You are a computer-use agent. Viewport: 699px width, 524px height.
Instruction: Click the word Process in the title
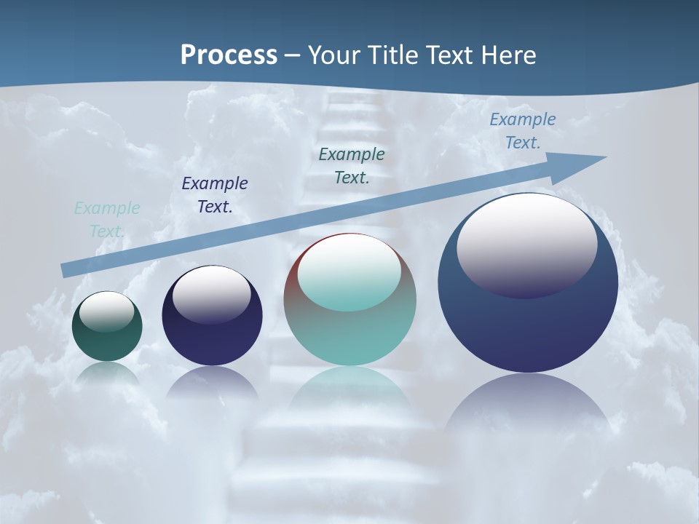(229, 55)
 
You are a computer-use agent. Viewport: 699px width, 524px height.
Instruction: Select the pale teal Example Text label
(106, 220)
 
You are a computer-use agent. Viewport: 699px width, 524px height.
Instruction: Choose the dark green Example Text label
(352, 166)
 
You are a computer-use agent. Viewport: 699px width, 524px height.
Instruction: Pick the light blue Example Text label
(522, 131)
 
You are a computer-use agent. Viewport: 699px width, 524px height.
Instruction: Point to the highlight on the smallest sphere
(106, 311)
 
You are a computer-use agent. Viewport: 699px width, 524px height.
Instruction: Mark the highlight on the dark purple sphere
(212, 294)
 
